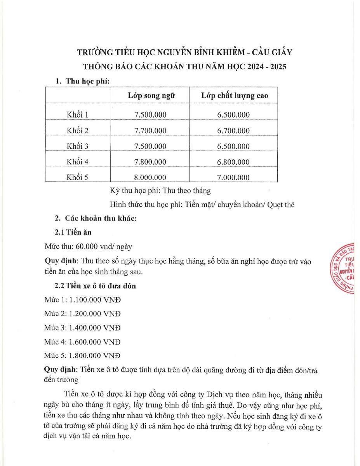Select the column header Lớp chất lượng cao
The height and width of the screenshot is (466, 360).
[234, 96]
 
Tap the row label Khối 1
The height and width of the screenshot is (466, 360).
[78, 115]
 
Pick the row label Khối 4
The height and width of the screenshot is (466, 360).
[78, 162]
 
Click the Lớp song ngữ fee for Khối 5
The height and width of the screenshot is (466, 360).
[150, 177]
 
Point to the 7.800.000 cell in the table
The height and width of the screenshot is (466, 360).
[150, 162]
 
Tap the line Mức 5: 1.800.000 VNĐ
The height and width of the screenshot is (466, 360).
[82, 355]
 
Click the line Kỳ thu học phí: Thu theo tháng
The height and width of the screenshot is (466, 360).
[160, 191]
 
